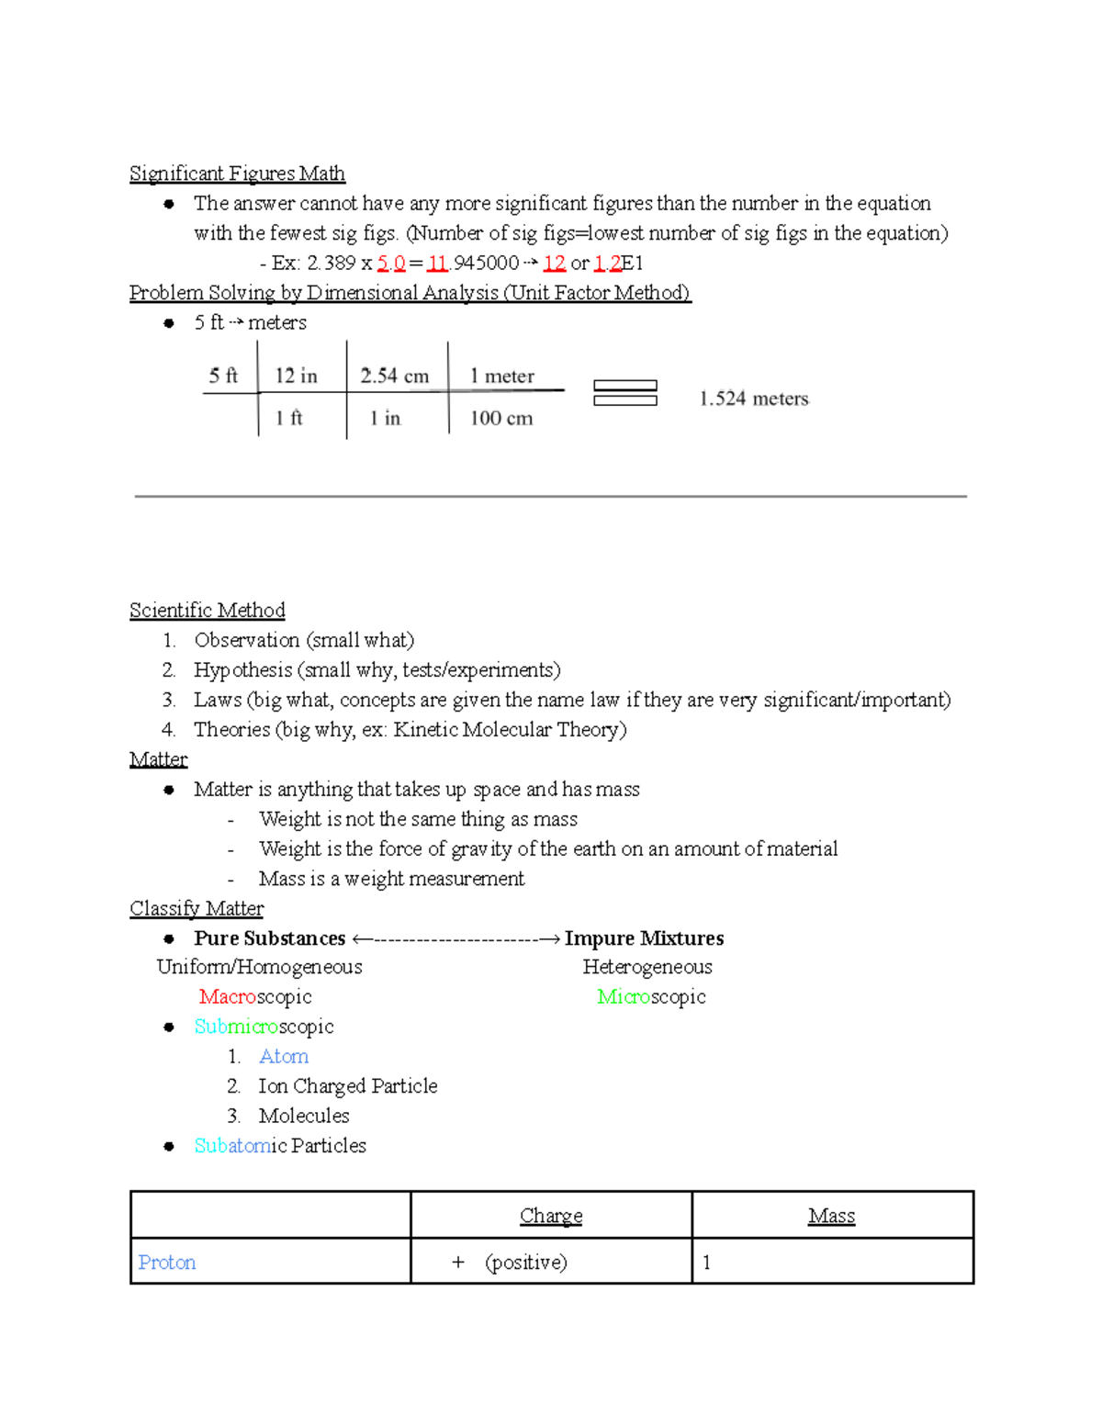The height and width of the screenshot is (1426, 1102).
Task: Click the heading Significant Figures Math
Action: tap(237, 174)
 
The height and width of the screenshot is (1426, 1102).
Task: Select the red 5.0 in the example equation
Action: tap(391, 264)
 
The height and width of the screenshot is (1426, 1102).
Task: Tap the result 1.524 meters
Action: tap(753, 399)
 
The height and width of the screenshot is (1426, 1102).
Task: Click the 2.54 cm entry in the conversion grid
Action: tap(394, 376)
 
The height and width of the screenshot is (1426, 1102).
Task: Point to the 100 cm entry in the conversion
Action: tap(500, 418)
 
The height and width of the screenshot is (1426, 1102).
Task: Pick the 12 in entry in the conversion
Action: tap(296, 376)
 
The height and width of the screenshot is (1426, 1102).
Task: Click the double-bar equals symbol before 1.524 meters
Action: tap(624, 393)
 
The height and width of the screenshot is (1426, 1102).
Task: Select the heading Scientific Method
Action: tap(207, 611)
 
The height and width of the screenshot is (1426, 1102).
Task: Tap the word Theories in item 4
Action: tap(231, 730)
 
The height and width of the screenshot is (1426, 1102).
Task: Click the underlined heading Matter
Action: tap(158, 759)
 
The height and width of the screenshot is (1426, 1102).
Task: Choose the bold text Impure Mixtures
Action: tap(644, 938)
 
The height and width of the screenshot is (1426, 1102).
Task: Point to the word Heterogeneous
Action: tap(647, 967)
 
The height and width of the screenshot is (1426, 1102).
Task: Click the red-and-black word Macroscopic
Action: tap(254, 997)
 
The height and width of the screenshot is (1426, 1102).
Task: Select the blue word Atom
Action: tap(283, 1057)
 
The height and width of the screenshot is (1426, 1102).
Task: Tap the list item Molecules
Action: tap(303, 1116)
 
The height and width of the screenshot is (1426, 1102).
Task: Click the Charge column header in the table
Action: tap(550, 1216)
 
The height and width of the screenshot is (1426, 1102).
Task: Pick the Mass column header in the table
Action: tap(831, 1216)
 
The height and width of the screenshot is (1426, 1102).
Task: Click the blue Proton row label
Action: tap(166, 1263)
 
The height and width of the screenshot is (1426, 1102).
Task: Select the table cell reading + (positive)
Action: tap(510, 1263)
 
